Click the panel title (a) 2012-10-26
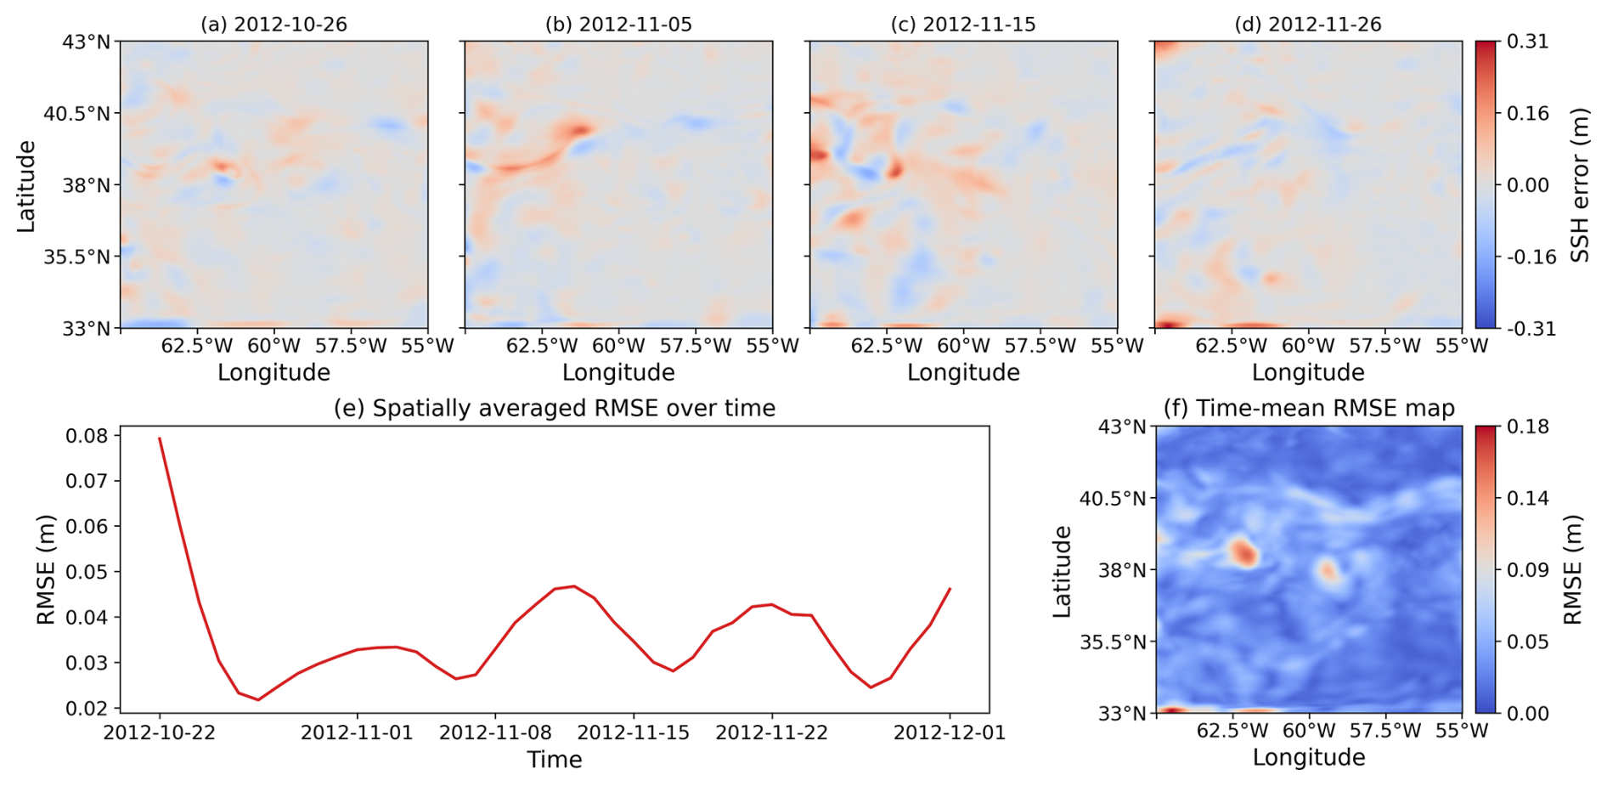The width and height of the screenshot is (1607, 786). pos(273,25)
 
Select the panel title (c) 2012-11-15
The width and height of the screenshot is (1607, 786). pos(963,25)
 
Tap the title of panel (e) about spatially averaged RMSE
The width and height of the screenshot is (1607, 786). pos(555,409)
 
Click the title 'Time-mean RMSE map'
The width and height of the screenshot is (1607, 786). pos(1325,409)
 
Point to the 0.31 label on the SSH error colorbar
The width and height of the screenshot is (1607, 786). pos(1527,41)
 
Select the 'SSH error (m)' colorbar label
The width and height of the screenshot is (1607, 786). pos(1580,184)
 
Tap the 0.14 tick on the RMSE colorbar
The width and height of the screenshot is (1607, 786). pos(1527,498)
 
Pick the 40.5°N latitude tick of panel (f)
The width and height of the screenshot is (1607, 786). pos(1114,498)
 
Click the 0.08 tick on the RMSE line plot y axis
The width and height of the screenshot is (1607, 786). pos(87,436)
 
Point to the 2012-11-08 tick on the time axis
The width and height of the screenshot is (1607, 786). pos(495,732)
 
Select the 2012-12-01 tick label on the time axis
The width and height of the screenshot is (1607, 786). pos(950,732)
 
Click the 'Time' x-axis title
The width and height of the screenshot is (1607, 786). pos(555,760)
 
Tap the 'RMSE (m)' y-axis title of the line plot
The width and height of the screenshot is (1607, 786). pos(46,569)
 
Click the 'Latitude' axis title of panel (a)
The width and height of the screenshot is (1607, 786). pos(26,185)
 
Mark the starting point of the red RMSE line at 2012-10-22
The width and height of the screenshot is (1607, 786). pos(160,438)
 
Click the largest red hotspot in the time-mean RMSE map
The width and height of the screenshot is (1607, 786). pos(1243,552)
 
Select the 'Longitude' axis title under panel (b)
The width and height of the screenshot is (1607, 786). pos(618,372)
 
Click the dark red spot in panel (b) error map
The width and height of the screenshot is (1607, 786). pos(579,130)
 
